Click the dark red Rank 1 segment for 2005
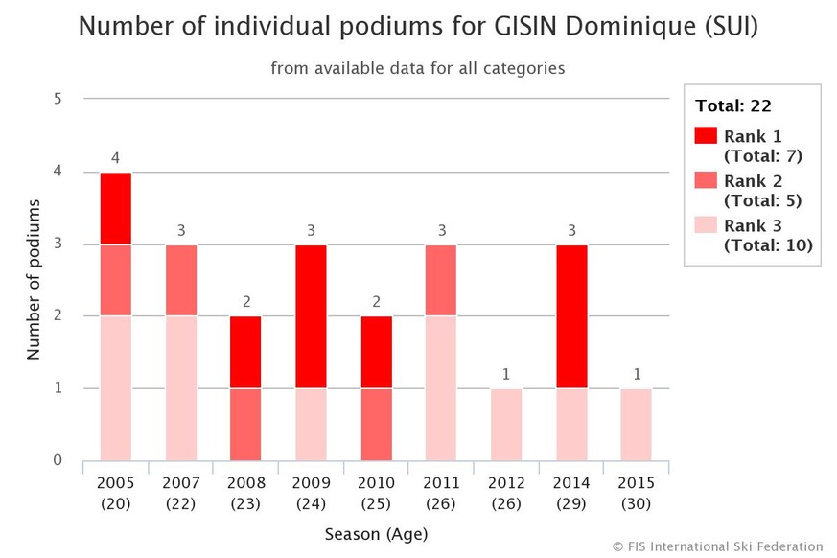point(115,208)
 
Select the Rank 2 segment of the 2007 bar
point(180,280)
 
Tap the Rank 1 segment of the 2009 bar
point(310,316)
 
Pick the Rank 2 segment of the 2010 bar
point(375,424)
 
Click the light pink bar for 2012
point(505,424)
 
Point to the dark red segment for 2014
point(570,316)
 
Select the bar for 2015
point(636,424)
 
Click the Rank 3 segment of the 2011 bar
point(440,388)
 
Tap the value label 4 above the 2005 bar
point(115,158)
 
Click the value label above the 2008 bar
point(245,302)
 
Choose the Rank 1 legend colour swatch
point(706,135)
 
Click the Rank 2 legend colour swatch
point(706,181)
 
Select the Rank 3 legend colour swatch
point(706,226)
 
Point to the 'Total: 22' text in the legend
point(733,106)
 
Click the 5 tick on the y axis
point(58,99)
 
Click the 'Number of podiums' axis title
point(34,279)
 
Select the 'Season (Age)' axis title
point(375,533)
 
